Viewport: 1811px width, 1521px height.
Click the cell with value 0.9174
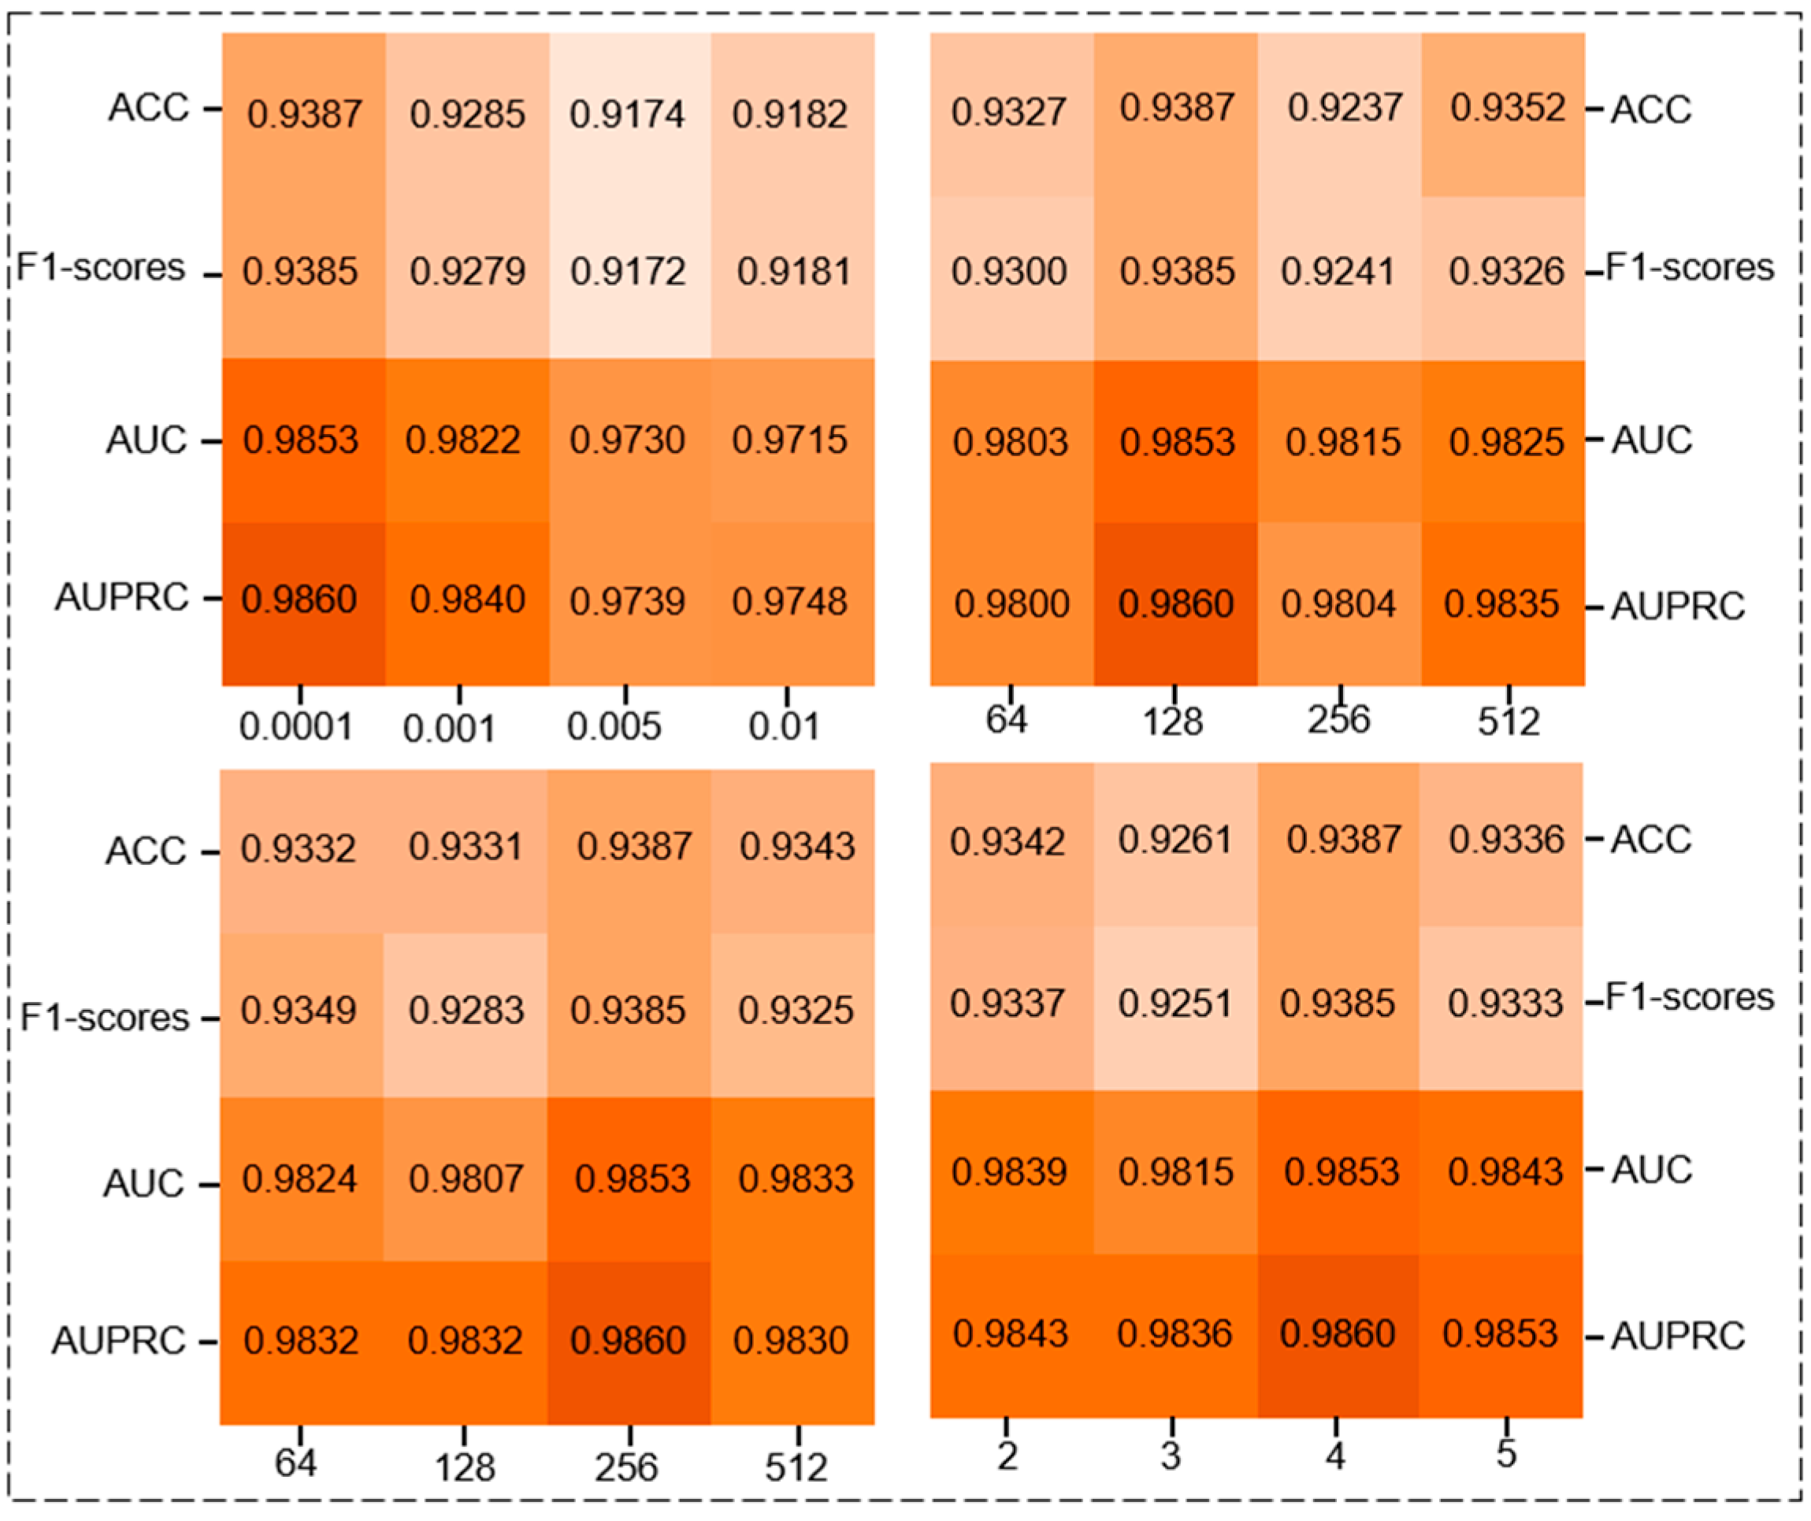627,113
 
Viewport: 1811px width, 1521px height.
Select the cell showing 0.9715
789,440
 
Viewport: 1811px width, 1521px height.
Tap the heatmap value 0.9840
466,599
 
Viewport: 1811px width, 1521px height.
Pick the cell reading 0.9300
1009,272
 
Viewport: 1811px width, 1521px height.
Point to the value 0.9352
1507,108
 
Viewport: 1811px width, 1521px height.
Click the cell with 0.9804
1338,603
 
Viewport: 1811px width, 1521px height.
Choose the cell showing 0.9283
466,1010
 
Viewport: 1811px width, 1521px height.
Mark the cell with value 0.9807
466,1178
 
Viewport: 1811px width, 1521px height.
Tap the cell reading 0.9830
791,1340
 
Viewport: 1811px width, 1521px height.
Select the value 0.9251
1175,1003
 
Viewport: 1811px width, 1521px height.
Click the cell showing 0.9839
1009,1171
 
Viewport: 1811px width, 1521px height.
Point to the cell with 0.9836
1175,1334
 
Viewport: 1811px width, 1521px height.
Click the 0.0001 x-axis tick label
296,727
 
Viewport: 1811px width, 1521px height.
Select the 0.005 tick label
613,727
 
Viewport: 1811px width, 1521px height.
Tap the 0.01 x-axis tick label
783,727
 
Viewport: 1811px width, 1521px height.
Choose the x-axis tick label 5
1505,1454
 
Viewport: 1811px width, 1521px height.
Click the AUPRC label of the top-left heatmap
121,597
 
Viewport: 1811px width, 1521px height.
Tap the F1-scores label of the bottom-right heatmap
1690,996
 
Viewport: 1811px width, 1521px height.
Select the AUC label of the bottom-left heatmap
143,1183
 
